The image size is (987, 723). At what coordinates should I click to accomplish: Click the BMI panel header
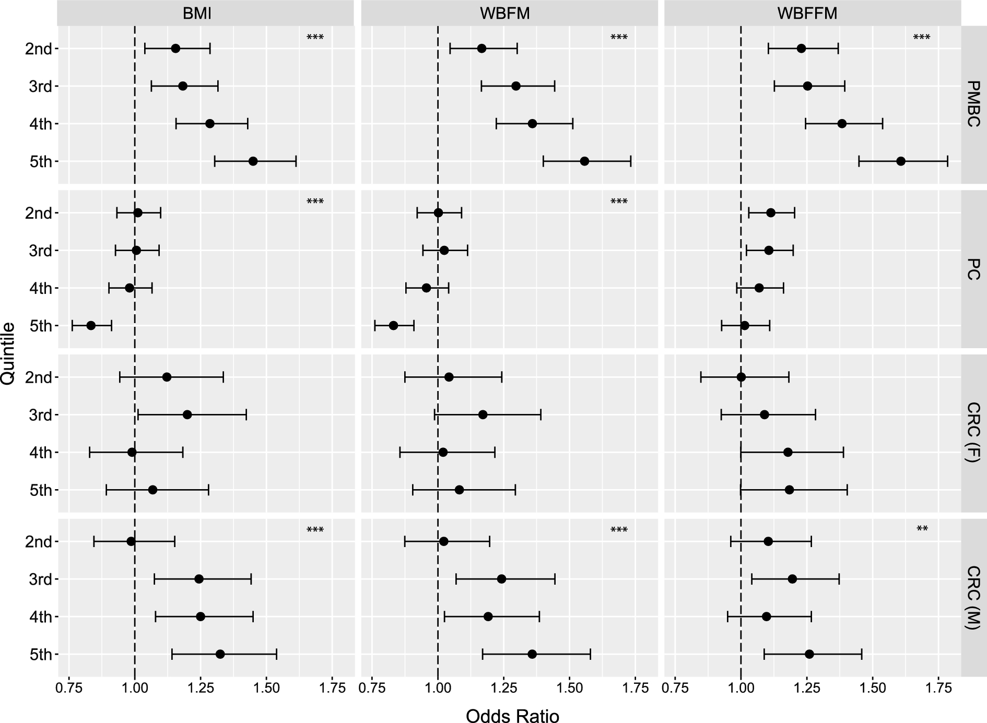197,13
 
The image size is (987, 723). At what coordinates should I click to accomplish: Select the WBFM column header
504,13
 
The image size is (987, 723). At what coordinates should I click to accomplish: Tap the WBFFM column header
807,13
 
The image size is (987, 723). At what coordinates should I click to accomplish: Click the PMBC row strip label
973,104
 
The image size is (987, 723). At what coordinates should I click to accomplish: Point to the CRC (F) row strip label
973,433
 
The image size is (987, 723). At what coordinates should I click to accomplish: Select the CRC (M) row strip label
973,597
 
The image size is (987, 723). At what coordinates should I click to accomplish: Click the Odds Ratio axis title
512,716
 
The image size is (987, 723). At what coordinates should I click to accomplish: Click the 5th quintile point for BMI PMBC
253,161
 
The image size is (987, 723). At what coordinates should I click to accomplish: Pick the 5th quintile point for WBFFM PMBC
900,161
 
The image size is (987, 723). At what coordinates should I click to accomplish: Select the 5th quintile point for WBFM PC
393,326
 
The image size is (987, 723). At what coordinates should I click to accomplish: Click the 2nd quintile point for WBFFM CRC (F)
741,377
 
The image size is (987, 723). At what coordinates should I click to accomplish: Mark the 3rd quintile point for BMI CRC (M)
198,579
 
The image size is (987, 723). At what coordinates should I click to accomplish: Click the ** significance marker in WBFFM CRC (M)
922,529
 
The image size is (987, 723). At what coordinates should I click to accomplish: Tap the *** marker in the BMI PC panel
315,202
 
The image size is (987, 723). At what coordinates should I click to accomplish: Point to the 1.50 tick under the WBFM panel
569,689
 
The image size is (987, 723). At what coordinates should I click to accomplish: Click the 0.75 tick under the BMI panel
69,689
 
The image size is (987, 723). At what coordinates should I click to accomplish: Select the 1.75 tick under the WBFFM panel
938,689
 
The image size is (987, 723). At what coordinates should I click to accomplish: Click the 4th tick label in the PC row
40,289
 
